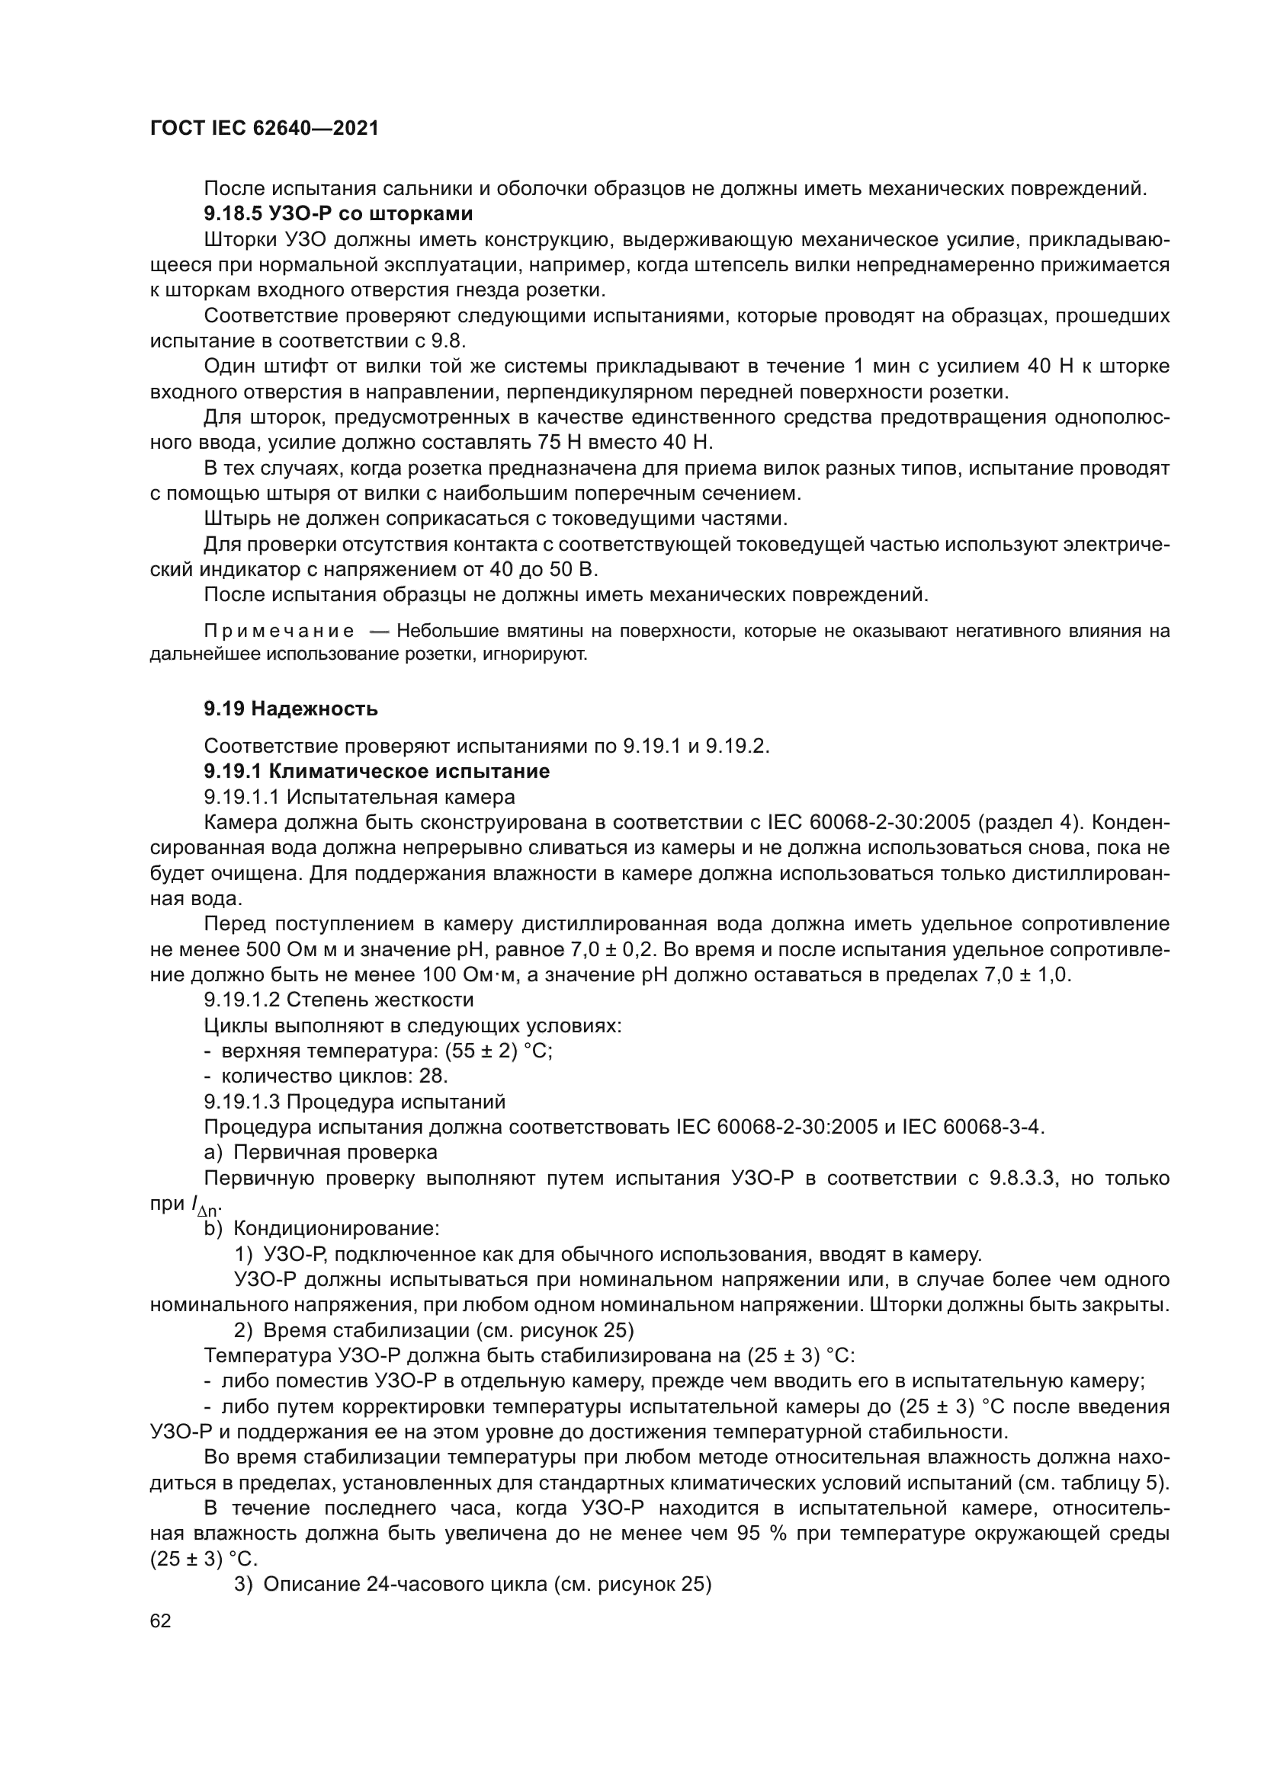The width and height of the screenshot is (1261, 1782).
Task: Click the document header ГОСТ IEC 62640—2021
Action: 264,129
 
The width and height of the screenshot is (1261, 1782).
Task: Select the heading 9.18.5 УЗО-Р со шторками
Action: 338,213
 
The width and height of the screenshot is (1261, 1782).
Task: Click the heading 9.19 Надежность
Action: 290,709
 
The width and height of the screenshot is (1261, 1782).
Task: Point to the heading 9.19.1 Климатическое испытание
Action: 377,772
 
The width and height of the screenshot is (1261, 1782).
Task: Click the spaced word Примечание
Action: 279,631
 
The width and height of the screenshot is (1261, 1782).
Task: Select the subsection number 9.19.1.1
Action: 241,797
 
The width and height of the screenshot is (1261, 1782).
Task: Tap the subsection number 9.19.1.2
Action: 241,1000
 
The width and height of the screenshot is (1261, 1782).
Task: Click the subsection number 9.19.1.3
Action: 241,1102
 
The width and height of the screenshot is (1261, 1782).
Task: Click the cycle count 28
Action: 432,1077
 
